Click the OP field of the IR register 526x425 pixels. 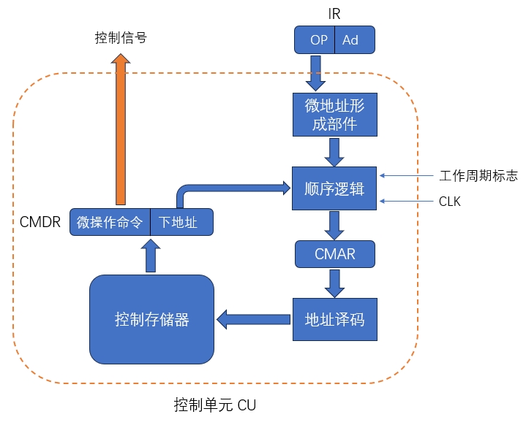(318, 40)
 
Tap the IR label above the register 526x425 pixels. (334, 14)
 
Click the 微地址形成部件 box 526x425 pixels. (334, 115)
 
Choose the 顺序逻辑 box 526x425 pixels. (334, 188)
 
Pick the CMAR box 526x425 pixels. (334, 255)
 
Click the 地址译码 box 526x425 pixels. (334, 319)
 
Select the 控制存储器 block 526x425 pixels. (151, 319)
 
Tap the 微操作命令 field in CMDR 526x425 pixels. (110, 222)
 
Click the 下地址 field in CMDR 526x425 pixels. (181, 222)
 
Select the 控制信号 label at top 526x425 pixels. (121, 37)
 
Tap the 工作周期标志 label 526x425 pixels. (478, 176)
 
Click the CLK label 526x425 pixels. (450, 201)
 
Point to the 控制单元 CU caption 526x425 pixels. (215, 405)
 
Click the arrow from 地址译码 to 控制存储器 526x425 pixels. (253, 319)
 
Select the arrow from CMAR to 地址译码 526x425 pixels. (334, 283)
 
